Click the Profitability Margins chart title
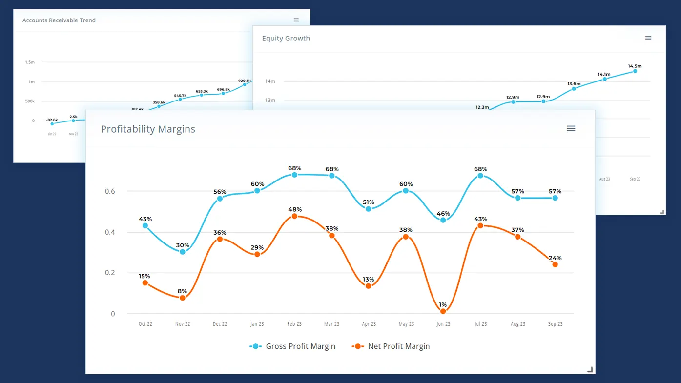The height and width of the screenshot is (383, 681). point(148,129)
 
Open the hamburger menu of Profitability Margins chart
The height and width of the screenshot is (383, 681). point(571,128)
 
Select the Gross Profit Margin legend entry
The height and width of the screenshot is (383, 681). point(292,346)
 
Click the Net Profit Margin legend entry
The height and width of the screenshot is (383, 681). point(391,346)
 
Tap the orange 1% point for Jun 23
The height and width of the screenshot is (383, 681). point(443,311)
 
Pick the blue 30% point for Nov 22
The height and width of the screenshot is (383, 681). point(183,252)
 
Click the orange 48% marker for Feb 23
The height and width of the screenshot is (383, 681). point(294,216)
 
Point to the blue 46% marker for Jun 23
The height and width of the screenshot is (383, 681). point(443,220)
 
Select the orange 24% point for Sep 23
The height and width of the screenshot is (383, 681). point(555,264)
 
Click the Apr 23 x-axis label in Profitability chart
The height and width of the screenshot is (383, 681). point(369,324)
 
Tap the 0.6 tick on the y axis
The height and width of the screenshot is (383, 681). point(110,191)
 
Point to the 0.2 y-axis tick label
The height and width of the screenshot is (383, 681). point(110,273)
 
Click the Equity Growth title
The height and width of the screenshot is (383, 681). point(286,39)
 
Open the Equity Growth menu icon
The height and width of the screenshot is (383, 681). point(648,38)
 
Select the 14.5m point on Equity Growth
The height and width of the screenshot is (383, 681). point(635,71)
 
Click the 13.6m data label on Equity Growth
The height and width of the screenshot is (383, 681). point(574,83)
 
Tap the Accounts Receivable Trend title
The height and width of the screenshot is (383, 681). point(59,20)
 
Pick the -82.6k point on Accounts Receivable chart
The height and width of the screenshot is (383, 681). point(52,124)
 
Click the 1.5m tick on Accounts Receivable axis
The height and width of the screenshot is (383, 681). point(30,62)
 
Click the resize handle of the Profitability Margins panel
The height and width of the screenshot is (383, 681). point(590,370)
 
